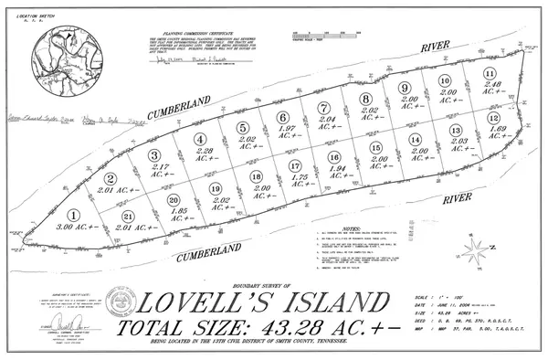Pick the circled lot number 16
pyautogui.click(x=333, y=158)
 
